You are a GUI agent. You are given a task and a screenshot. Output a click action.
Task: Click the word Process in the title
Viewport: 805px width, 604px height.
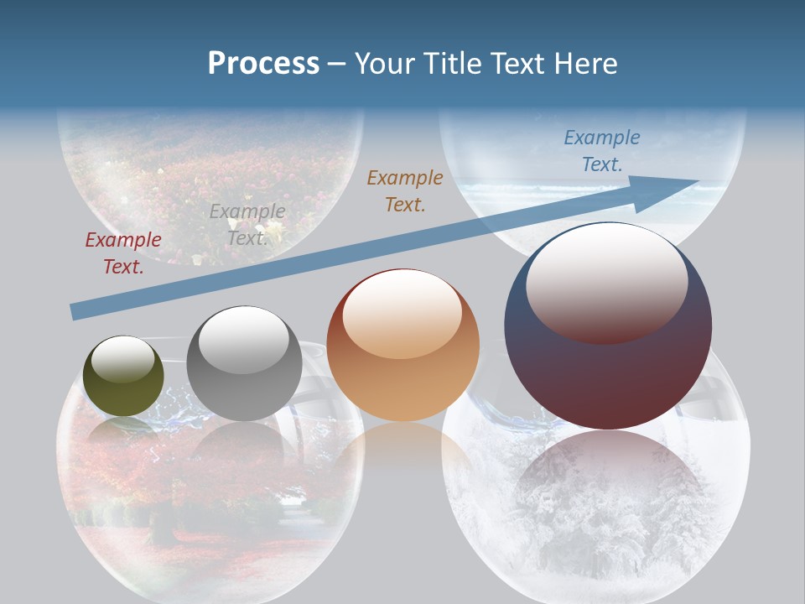coord(263,64)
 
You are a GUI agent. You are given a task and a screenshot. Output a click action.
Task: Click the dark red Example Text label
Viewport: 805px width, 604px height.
coord(123,253)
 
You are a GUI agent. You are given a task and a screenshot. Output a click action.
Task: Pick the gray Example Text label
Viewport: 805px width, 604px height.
coord(247,225)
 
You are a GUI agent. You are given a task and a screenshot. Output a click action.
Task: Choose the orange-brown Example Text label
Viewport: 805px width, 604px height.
coord(405,190)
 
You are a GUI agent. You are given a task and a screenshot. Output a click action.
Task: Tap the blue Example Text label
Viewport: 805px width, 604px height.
coord(601,151)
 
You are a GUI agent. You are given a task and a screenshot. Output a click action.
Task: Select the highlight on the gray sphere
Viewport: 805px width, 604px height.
coord(243,340)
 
